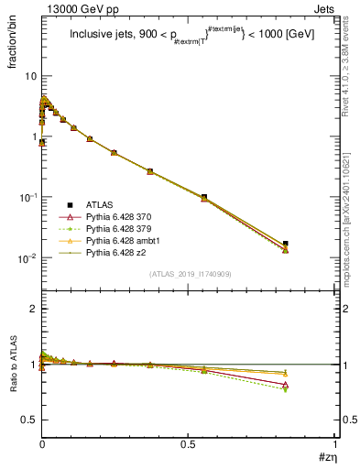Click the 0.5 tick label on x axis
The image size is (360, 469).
pyautogui.click(x=189, y=444)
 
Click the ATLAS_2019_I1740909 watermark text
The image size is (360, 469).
pyautogui.click(x=190, y=274)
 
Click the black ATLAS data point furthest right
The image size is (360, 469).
pyautogui.click(x=286, y=244)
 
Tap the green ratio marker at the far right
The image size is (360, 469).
pyautogui.click(x=286, y=389)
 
